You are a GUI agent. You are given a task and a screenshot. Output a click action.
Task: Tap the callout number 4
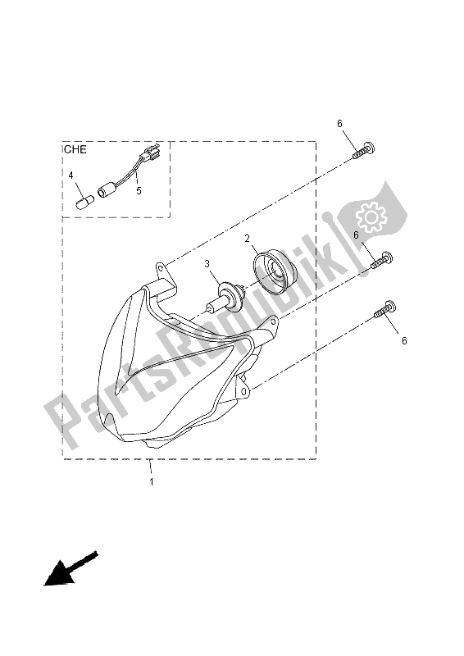point(71,175)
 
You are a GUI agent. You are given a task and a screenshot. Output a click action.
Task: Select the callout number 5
point(139,191)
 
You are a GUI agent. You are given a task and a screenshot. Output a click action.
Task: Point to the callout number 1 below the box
point(151,482)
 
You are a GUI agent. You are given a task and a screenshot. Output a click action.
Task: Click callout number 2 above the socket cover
point(246,239)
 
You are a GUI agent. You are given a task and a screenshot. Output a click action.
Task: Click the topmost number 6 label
point(339,123)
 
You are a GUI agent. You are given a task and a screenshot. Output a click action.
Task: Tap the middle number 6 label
point(356,235)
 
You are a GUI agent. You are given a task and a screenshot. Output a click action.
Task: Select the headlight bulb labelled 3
point(226,298)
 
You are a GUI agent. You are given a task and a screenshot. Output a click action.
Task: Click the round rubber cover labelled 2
point(271,272)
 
